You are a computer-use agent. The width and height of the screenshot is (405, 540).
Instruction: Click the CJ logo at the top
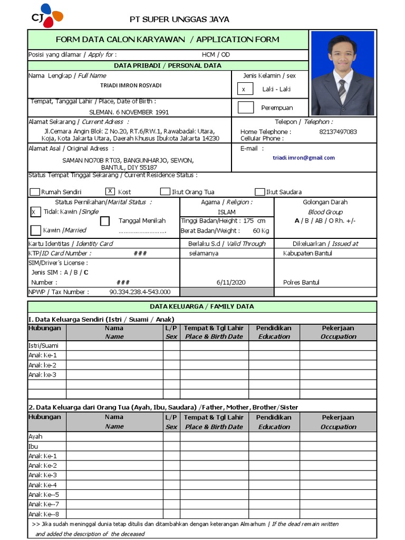pos(47,16)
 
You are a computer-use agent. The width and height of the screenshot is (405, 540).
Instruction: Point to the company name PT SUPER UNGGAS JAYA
pos(179,20)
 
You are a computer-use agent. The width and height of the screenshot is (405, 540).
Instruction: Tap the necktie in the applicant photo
pos(342,90)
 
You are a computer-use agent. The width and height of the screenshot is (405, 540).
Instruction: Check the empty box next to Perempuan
pos(245,108)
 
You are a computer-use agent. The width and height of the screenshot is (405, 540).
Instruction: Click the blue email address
pos(303,158)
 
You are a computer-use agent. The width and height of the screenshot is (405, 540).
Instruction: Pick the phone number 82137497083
pos(338,132)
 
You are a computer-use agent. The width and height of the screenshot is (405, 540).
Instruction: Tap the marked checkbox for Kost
pos(110,191)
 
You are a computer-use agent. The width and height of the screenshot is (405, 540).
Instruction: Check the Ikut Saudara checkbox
pos(259,192)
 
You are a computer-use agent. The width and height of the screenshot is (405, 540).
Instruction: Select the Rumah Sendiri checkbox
pos(35,192)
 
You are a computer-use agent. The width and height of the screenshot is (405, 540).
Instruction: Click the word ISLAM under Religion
pos(226,212)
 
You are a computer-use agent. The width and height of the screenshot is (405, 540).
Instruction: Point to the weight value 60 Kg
pos(261,230)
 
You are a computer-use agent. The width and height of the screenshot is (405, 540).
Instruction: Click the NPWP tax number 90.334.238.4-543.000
pos(140,292)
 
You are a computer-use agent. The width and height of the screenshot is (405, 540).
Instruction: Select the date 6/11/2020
pos(231,282)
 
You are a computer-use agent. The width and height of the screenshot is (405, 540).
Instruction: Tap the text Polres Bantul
pos(301,282)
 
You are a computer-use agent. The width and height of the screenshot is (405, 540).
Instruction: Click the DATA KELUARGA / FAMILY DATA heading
pos(201,306)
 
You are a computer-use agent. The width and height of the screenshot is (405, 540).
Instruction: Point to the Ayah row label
pos(35,436)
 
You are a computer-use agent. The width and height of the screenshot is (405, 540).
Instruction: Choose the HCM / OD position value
pos(216,54)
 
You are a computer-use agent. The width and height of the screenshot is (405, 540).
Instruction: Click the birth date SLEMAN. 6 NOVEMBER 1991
pos(129,112)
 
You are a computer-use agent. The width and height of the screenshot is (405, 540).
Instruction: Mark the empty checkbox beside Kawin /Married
pos(35,230)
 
